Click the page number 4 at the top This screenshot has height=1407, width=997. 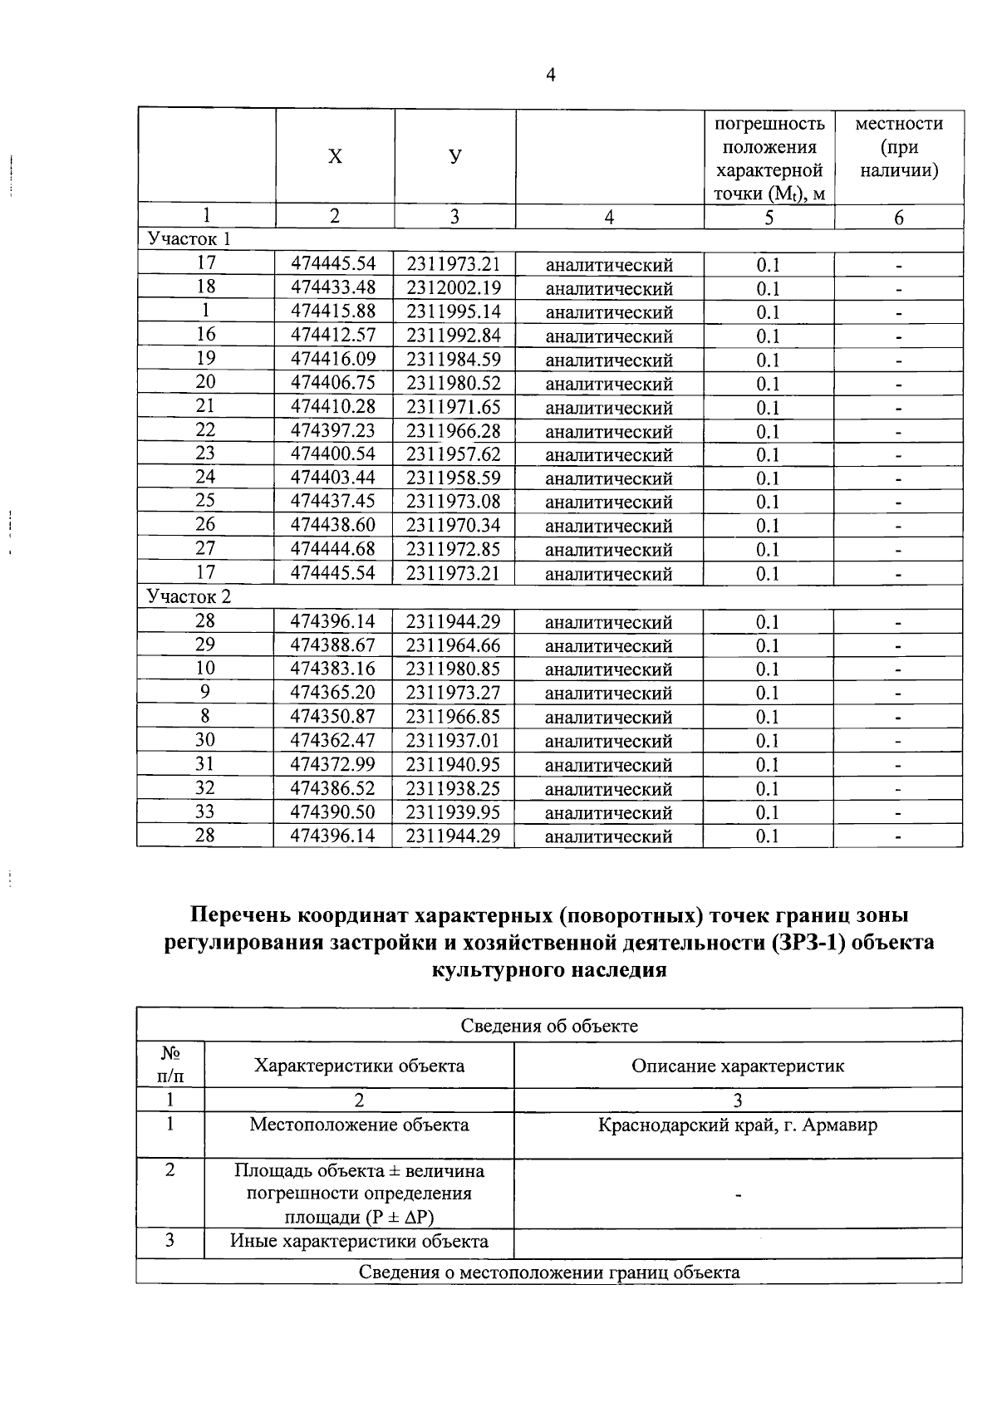(550, 76)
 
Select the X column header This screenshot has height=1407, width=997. (334, 157)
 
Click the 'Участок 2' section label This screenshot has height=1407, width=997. (189, 596)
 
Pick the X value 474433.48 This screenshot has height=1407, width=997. (333, 287)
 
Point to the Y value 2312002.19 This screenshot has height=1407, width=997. (454, 287)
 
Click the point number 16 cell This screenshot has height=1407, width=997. (205, 335)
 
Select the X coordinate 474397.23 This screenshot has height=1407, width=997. (333, 430)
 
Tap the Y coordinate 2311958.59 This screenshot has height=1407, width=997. (454, 478)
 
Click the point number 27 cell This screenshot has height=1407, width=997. (205, 549)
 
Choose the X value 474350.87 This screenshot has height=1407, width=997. (333, 716)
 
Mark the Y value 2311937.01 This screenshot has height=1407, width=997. (454, 740)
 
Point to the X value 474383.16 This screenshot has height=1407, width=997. (333, 669)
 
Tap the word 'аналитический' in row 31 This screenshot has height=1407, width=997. (608, 765)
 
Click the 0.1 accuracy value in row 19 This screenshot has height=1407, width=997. (768, 360)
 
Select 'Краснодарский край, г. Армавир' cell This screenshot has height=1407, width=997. (738, 1125)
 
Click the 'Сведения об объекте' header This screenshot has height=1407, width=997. (549, 1026)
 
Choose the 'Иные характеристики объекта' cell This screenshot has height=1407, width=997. (359, 1242)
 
